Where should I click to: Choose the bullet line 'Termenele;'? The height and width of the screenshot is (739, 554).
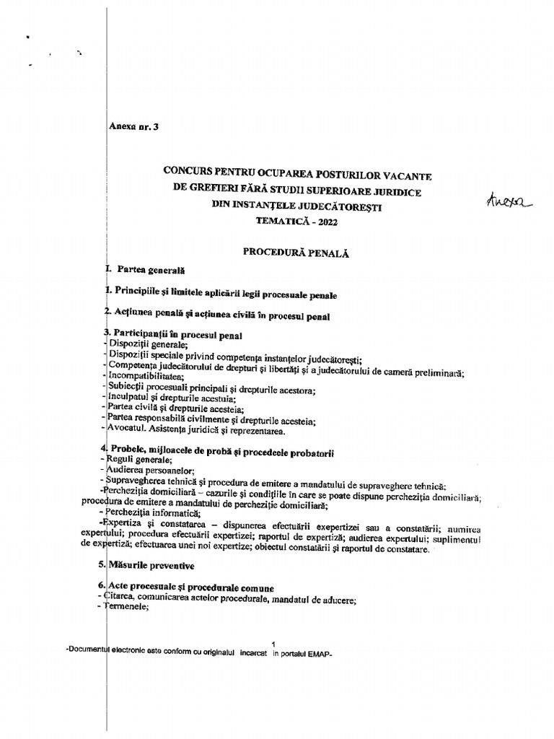[127, 608]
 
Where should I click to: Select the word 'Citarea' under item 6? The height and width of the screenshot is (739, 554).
[124, 597]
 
